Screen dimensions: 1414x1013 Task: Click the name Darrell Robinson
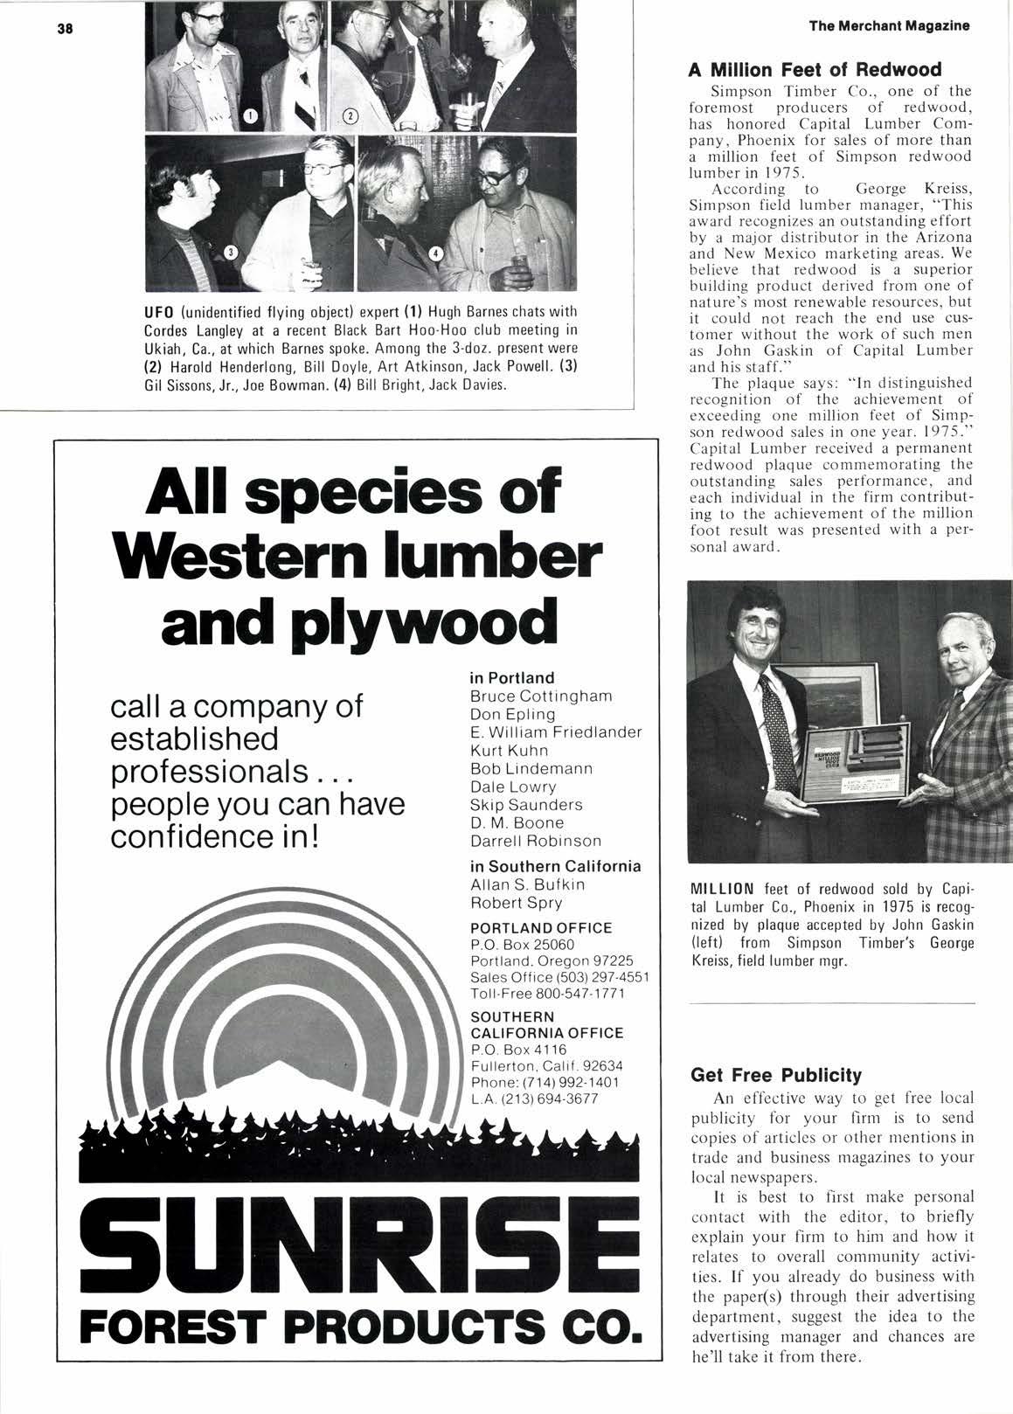pos(536,841)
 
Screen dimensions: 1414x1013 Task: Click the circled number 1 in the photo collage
pos(248,114)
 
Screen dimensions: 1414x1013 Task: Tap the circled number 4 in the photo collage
pos(440,253)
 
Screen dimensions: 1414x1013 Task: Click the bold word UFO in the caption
pos(158,313)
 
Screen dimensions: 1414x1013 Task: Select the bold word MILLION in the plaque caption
pos(718,893)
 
